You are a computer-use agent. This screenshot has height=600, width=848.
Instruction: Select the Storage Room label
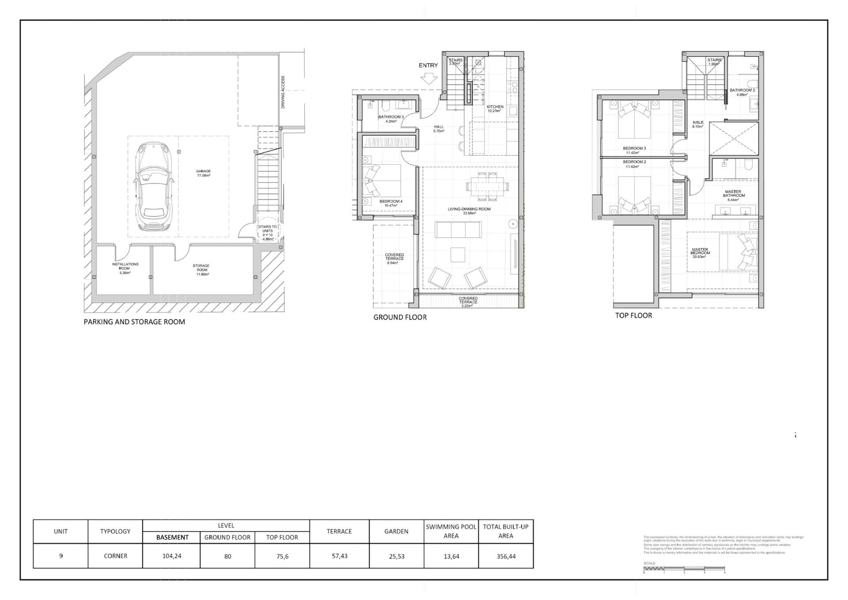[x=201, y=270]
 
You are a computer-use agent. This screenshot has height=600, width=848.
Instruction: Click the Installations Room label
[x=125, y=268]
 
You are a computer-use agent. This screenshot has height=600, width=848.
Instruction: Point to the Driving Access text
[x=283, y=92]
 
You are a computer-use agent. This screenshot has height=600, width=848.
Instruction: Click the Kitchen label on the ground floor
[x=495, y=108]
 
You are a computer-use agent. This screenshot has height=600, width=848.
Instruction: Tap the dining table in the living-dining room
[x=487, y=185]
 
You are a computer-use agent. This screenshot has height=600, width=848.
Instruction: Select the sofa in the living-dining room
[x=458, y=229]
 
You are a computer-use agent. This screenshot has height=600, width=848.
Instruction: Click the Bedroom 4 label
[x=391, y=203]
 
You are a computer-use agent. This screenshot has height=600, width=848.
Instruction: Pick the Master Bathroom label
[x=734, y=195]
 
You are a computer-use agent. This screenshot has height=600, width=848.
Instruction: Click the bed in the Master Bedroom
[x=738, y=252]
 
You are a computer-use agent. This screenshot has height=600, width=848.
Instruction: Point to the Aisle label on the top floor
[x=698, y=124]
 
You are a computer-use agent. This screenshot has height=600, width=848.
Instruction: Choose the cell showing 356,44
[x=506, y=556]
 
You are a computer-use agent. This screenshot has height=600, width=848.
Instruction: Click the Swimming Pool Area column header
[x=451, y=531]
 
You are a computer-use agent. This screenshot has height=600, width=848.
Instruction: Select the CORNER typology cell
[x=115, y=556]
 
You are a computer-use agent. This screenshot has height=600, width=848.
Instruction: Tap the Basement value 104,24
[x=172, y=556]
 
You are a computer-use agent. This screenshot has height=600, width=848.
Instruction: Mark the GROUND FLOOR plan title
[x=400, y=317]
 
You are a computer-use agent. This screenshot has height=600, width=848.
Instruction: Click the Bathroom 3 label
[x=391, y=118]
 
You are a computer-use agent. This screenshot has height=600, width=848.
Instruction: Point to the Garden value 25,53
[x=396, y=556]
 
